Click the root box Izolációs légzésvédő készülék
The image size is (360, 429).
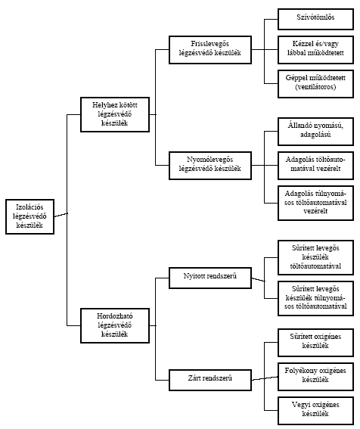tap(29, 216)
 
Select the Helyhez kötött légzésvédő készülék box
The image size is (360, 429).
tap(115, 114)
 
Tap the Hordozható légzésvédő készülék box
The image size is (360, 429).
tap(115, 325)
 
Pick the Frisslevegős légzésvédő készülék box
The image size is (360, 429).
tap(210, 49)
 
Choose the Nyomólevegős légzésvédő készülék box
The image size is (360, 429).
tap(210, 166)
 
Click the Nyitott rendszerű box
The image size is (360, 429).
tap(210, 278)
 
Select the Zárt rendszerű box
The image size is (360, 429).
tap(210, 380)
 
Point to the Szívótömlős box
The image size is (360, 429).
tap(315, 19)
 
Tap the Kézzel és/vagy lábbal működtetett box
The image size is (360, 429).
tap(315, 49)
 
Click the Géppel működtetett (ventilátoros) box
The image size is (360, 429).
tap(315, 84)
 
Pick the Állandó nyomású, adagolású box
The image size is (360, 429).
tap(315, 132)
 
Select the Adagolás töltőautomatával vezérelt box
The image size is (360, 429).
tap(315, 166)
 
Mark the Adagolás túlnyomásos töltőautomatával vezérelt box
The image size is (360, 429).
tap(315, 203)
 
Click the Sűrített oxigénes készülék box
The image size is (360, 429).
tap(315, 343)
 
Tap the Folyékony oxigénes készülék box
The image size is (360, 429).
tap(315, 377)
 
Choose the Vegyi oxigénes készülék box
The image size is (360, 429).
tap(315, 411)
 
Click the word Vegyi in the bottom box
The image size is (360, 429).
tap(301, 405)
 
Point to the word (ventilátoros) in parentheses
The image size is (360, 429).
tap(315, 87)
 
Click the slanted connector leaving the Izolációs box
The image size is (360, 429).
tap(61, 215)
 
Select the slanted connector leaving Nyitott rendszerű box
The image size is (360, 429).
tap(258, 280)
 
